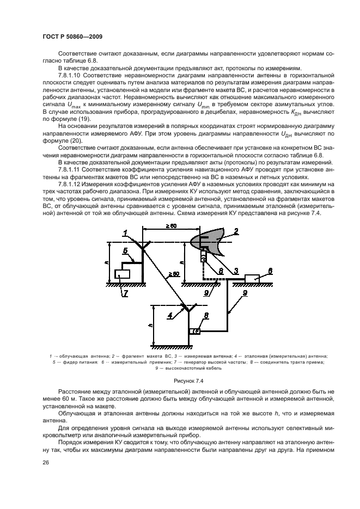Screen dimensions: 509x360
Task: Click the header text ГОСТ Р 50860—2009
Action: [72, 36]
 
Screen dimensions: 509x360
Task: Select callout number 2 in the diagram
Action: [236, 231]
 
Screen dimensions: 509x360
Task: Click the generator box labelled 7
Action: [123, 273]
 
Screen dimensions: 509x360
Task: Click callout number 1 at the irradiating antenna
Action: [126, 232]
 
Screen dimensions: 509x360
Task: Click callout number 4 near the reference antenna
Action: [170, 314]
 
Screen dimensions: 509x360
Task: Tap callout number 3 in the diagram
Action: [236, 270]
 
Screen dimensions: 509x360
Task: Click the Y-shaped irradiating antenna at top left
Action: [143, 246]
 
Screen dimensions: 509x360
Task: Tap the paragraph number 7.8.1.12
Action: [70, 183]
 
